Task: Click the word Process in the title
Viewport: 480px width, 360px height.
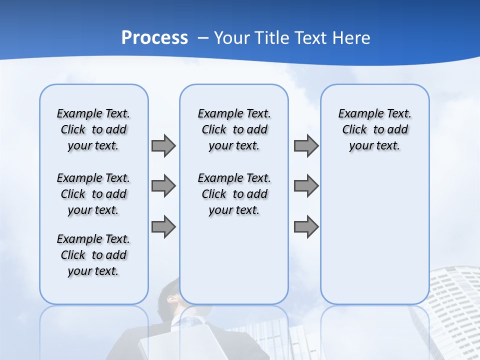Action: [154, 38]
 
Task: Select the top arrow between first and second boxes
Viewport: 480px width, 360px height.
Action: [163, 145]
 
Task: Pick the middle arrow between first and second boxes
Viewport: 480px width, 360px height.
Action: [163, 186]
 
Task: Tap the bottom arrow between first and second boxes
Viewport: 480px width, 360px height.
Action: [163, 227]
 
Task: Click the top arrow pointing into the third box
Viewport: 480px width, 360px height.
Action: [306, 145]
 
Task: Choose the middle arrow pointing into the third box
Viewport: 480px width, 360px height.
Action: [306, 186]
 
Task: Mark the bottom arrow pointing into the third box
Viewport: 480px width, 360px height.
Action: [306, 227]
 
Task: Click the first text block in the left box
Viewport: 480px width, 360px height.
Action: [93, 129]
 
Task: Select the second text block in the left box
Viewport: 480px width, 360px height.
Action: [93, 194]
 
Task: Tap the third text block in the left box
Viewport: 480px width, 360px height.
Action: [93, 255]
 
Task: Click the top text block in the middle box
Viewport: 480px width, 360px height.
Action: [234, 129]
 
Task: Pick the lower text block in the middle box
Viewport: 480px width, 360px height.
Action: [234, 194]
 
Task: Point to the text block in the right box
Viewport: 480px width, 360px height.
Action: [374, 129]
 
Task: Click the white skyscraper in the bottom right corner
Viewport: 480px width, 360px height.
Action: [452, 310]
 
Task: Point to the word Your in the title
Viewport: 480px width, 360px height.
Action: [232, 38]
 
